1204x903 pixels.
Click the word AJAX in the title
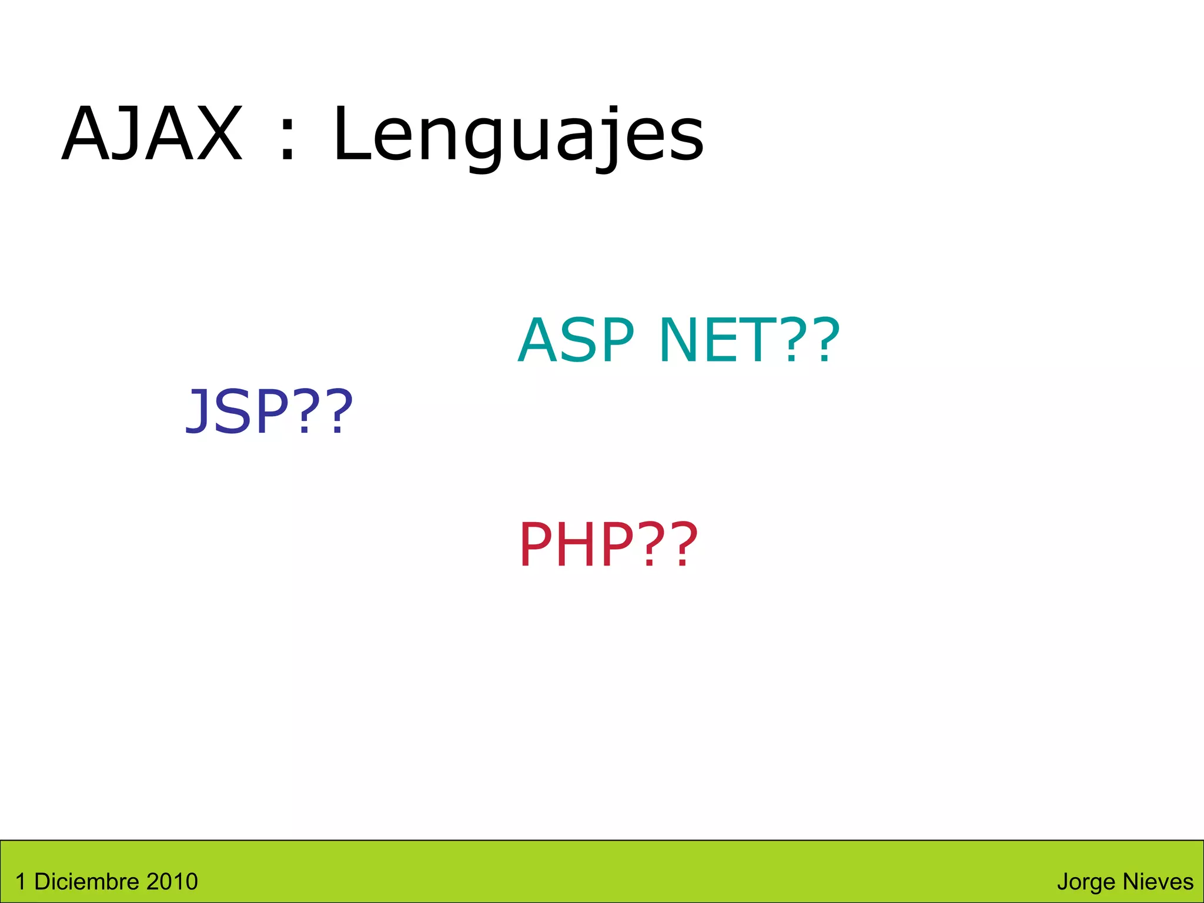pyautogui.click(x=152, y=134)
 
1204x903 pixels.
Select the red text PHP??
pyautogui.click(x=608, y=544)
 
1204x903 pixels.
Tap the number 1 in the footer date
pyautogui.click(x=21, y=882)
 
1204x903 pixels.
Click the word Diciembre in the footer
pyautogui.click(x=79, y=882)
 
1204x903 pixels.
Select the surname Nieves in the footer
pyautogui.click(x=1158, y=882)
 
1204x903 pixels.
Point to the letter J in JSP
pyautogui.click(x=196, y=412)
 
